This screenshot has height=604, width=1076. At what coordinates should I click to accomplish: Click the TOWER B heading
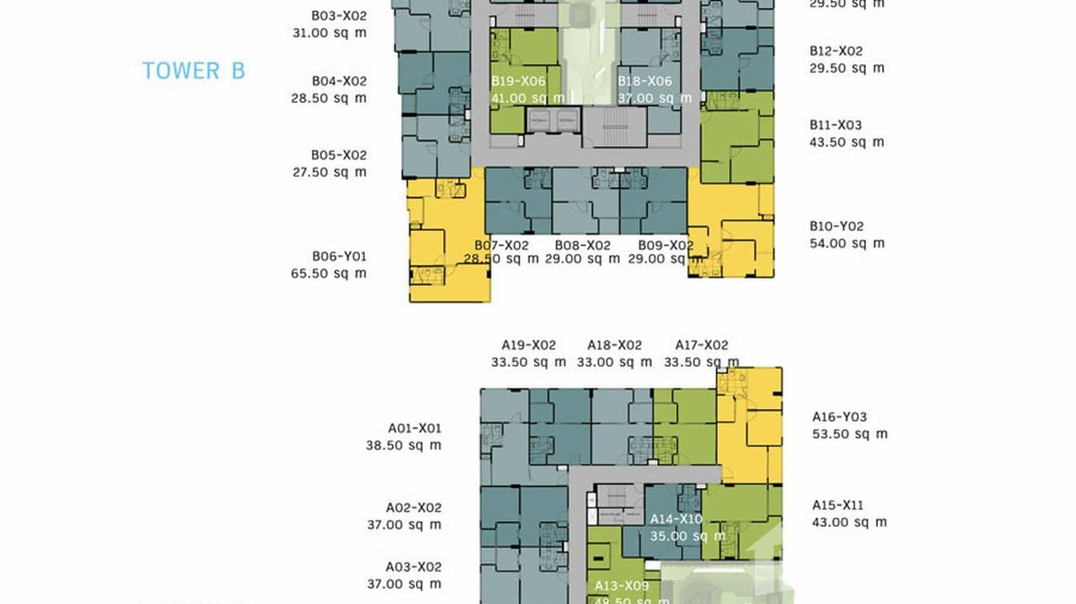click(x=193, y=70)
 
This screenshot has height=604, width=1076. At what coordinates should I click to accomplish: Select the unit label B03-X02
click(x=338, y=15)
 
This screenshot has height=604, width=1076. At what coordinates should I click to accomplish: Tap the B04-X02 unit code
click(x=338, y=81)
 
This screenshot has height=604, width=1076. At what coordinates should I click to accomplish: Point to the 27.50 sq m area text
click(x=329, y=172)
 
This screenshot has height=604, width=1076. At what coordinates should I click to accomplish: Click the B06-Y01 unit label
click(x=338, y=256)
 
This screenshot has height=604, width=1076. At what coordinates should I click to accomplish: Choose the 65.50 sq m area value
click(x=329, y=274)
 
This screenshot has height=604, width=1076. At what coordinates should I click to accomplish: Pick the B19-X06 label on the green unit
click(x=518, y=81)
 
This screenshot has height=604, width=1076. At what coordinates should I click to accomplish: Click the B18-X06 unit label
click(x=645, y=81)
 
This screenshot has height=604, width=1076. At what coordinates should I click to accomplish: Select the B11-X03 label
click(x=835, y=125)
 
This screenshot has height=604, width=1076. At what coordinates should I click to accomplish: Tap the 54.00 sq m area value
click(x=847, y=244)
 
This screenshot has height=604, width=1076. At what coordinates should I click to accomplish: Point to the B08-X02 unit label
click(x=583, y=245)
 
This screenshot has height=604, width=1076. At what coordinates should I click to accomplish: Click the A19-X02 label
click(x=528, y=345)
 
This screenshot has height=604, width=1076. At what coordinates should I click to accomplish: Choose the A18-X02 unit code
click(x=614, y=345)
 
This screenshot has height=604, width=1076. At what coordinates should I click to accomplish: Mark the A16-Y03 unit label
click(x=839, y=417)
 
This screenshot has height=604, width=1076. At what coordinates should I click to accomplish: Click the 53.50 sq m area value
click(x=850, y=434)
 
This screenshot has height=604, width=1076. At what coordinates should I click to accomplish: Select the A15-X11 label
click(x=838, y=505)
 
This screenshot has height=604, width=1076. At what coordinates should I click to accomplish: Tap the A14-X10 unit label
click(x=676, y=519)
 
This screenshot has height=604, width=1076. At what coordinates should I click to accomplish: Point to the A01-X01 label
click(x=415, y=429)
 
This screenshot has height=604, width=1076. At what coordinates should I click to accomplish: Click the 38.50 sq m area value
click(x=403, y=446)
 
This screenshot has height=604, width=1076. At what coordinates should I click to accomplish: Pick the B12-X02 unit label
click(x=835, y=51)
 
